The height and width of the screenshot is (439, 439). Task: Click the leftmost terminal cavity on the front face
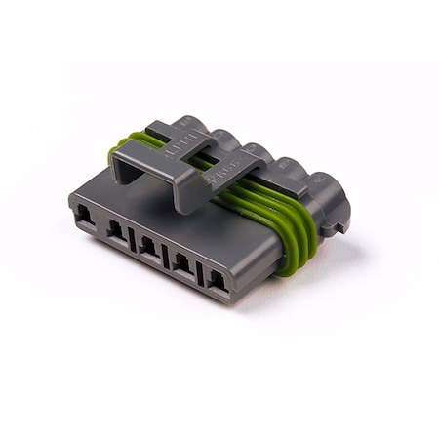click(x=86, y=218)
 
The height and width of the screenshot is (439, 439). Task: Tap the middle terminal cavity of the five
click(x=149, y=246)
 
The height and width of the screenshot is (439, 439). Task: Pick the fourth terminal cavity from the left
click(x=182, y=262)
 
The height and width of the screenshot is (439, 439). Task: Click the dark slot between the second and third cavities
click(x=134, y=240)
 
